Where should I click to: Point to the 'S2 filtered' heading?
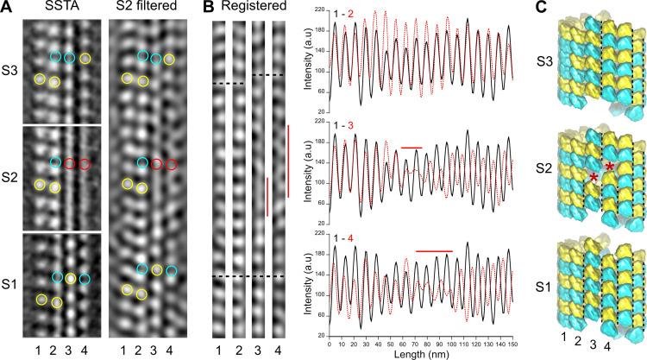148,9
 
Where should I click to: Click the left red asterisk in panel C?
593,179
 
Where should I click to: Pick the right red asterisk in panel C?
611,166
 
